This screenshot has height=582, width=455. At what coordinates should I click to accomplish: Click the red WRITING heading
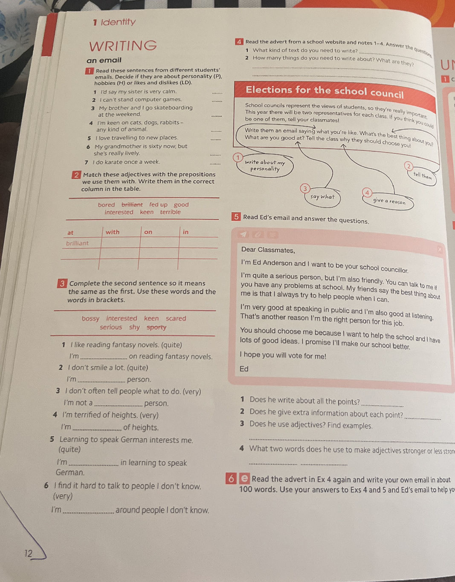tap(123, 46)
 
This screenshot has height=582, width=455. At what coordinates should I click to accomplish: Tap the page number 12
tap(28, 553)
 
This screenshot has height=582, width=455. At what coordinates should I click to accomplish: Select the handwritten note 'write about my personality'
tap(265, 165)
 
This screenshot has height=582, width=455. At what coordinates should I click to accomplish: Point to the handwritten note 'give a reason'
tap(389, 201)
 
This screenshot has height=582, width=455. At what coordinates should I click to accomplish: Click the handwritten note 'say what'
tap(322, 197)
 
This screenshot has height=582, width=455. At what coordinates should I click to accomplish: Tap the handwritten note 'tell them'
tap(422, 176)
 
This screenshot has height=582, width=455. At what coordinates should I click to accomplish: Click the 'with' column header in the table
tap(113, 232)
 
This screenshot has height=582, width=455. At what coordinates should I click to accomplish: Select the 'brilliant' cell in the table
tap(78, 243)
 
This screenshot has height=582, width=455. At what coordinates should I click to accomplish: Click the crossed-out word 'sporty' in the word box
tap(156, 328)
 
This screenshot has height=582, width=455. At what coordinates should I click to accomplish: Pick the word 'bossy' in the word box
tap(90, 319)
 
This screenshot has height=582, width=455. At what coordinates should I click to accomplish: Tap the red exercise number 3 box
tap(62, 283)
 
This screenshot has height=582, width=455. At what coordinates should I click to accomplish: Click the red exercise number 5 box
tap(236, 217)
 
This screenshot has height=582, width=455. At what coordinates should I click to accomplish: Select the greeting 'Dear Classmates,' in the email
tap(268, 250)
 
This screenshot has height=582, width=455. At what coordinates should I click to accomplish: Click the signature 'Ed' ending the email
tap(244, 369)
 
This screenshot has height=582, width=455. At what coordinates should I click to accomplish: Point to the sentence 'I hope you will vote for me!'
tap(283, 356)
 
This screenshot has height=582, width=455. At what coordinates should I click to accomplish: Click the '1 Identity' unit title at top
tap(114, 22)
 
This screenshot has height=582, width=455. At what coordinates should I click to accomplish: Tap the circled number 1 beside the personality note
tap(238, 158)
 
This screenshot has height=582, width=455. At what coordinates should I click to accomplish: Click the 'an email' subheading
tap(104, 61)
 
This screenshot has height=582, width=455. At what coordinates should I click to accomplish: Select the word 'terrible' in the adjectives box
tap(170, 212)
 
